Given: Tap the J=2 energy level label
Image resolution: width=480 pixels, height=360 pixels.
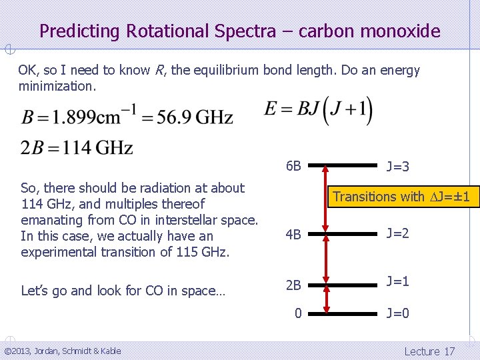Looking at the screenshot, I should (397, 233).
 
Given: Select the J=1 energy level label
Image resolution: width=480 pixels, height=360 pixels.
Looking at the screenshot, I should (397, 281).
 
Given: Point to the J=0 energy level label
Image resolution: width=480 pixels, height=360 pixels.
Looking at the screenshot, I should (397, 313).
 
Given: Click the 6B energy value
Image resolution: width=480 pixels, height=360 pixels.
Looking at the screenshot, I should (293, 166).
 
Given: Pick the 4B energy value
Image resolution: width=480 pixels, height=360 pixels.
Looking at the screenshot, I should (293, 234).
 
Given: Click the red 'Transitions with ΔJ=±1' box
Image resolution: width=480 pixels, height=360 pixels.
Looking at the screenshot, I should (401, 197).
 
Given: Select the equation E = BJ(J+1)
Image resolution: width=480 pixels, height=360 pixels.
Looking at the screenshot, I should (318, 111).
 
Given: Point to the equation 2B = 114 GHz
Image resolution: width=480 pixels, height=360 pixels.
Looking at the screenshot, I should (77, 147).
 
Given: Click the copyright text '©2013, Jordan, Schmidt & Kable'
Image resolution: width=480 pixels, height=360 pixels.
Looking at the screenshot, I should (63, 351).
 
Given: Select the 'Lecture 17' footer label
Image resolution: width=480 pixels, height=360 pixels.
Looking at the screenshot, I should (429, 351).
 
